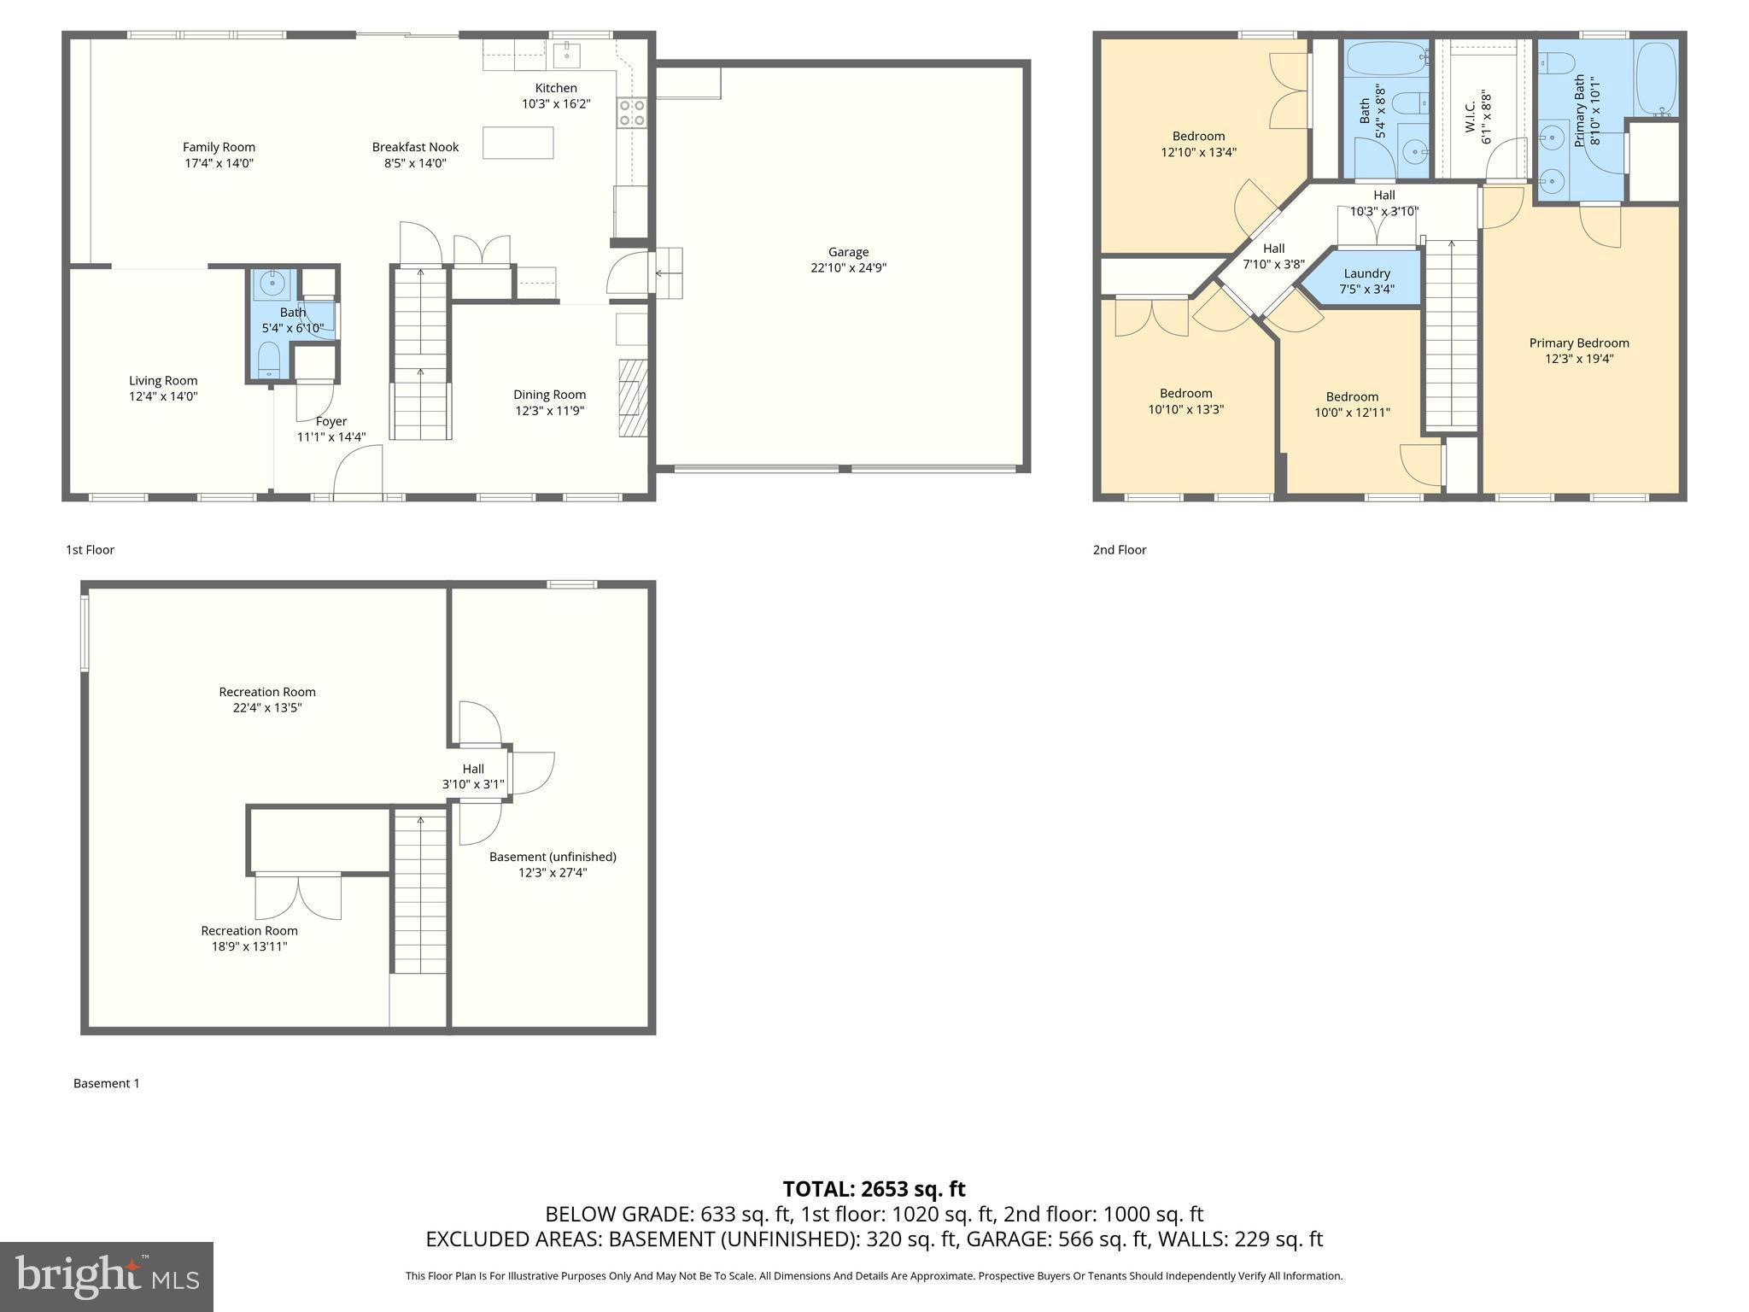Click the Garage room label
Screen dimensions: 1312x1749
click(848, 252)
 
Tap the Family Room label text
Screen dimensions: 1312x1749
click(219, 147)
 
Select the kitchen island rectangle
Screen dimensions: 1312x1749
click(518, 143)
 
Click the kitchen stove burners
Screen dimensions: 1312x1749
click(631, 113)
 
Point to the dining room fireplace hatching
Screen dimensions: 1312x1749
click(633, 398)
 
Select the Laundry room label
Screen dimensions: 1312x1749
click(1366, 273)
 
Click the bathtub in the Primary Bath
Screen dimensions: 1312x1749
click(1656, 79)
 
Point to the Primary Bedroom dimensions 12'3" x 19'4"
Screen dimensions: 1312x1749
click(1578, 359)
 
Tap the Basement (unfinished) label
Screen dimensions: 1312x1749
click(553, 857)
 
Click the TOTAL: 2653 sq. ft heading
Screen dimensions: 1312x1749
click(874, 1189)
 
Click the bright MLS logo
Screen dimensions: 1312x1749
click(107, 1276)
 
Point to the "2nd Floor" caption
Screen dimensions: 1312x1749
click(1119, 550)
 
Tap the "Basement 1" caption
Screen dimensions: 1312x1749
click(106, 1083)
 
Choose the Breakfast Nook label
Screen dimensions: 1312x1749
click(415, 147)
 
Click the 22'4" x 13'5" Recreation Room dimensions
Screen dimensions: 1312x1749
click(267, 707)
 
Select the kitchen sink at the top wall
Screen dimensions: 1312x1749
click(566, 55)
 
